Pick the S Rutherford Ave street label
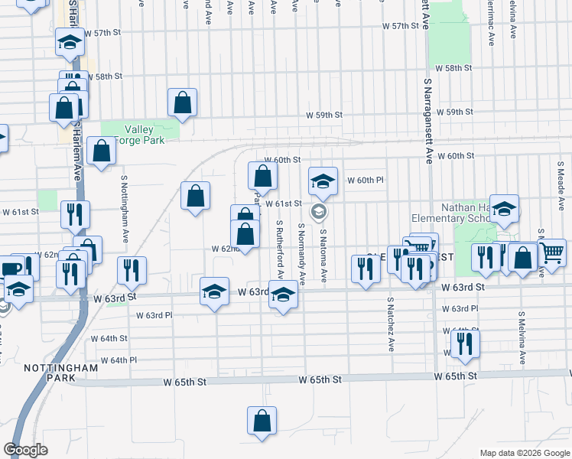pyautogui.click(x=281, y=249)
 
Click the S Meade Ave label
pyautogui.click(x=561, y=186)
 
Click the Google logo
pyautogui.click(x=26, y=450)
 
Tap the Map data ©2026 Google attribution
pyautogui.click(x=524, y=453)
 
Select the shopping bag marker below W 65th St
pyautogui.click(x=262, y=422)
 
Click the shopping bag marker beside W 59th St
pyautogui.click(x=183, y=103)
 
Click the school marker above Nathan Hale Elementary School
pyautogui.click(x=504, y=209)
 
